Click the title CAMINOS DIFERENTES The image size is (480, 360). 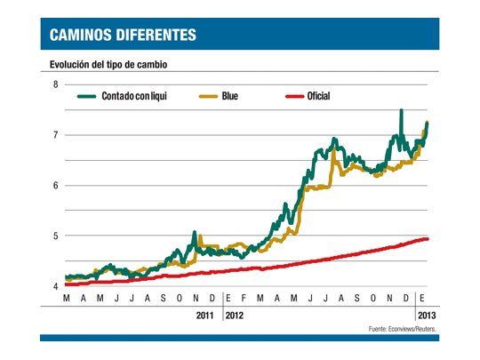[124, 36]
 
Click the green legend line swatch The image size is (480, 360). [86, 95]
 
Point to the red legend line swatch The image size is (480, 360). [295, 95]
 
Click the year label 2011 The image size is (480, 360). [205, 315]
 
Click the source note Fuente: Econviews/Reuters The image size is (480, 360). [401, 329]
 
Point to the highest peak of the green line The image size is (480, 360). [401, 111]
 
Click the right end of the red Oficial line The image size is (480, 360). [428, 238]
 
